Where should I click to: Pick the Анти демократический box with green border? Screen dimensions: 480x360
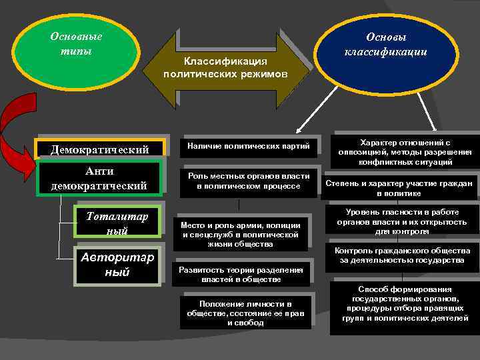coord(99,179)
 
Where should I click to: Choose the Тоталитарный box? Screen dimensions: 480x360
coord(117,222)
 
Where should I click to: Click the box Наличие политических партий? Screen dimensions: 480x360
coord(247,145)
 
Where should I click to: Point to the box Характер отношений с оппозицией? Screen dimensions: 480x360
coord(405,152)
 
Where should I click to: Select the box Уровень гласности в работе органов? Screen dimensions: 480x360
coord(401,222)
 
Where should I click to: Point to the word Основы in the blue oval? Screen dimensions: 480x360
coord(385,37)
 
